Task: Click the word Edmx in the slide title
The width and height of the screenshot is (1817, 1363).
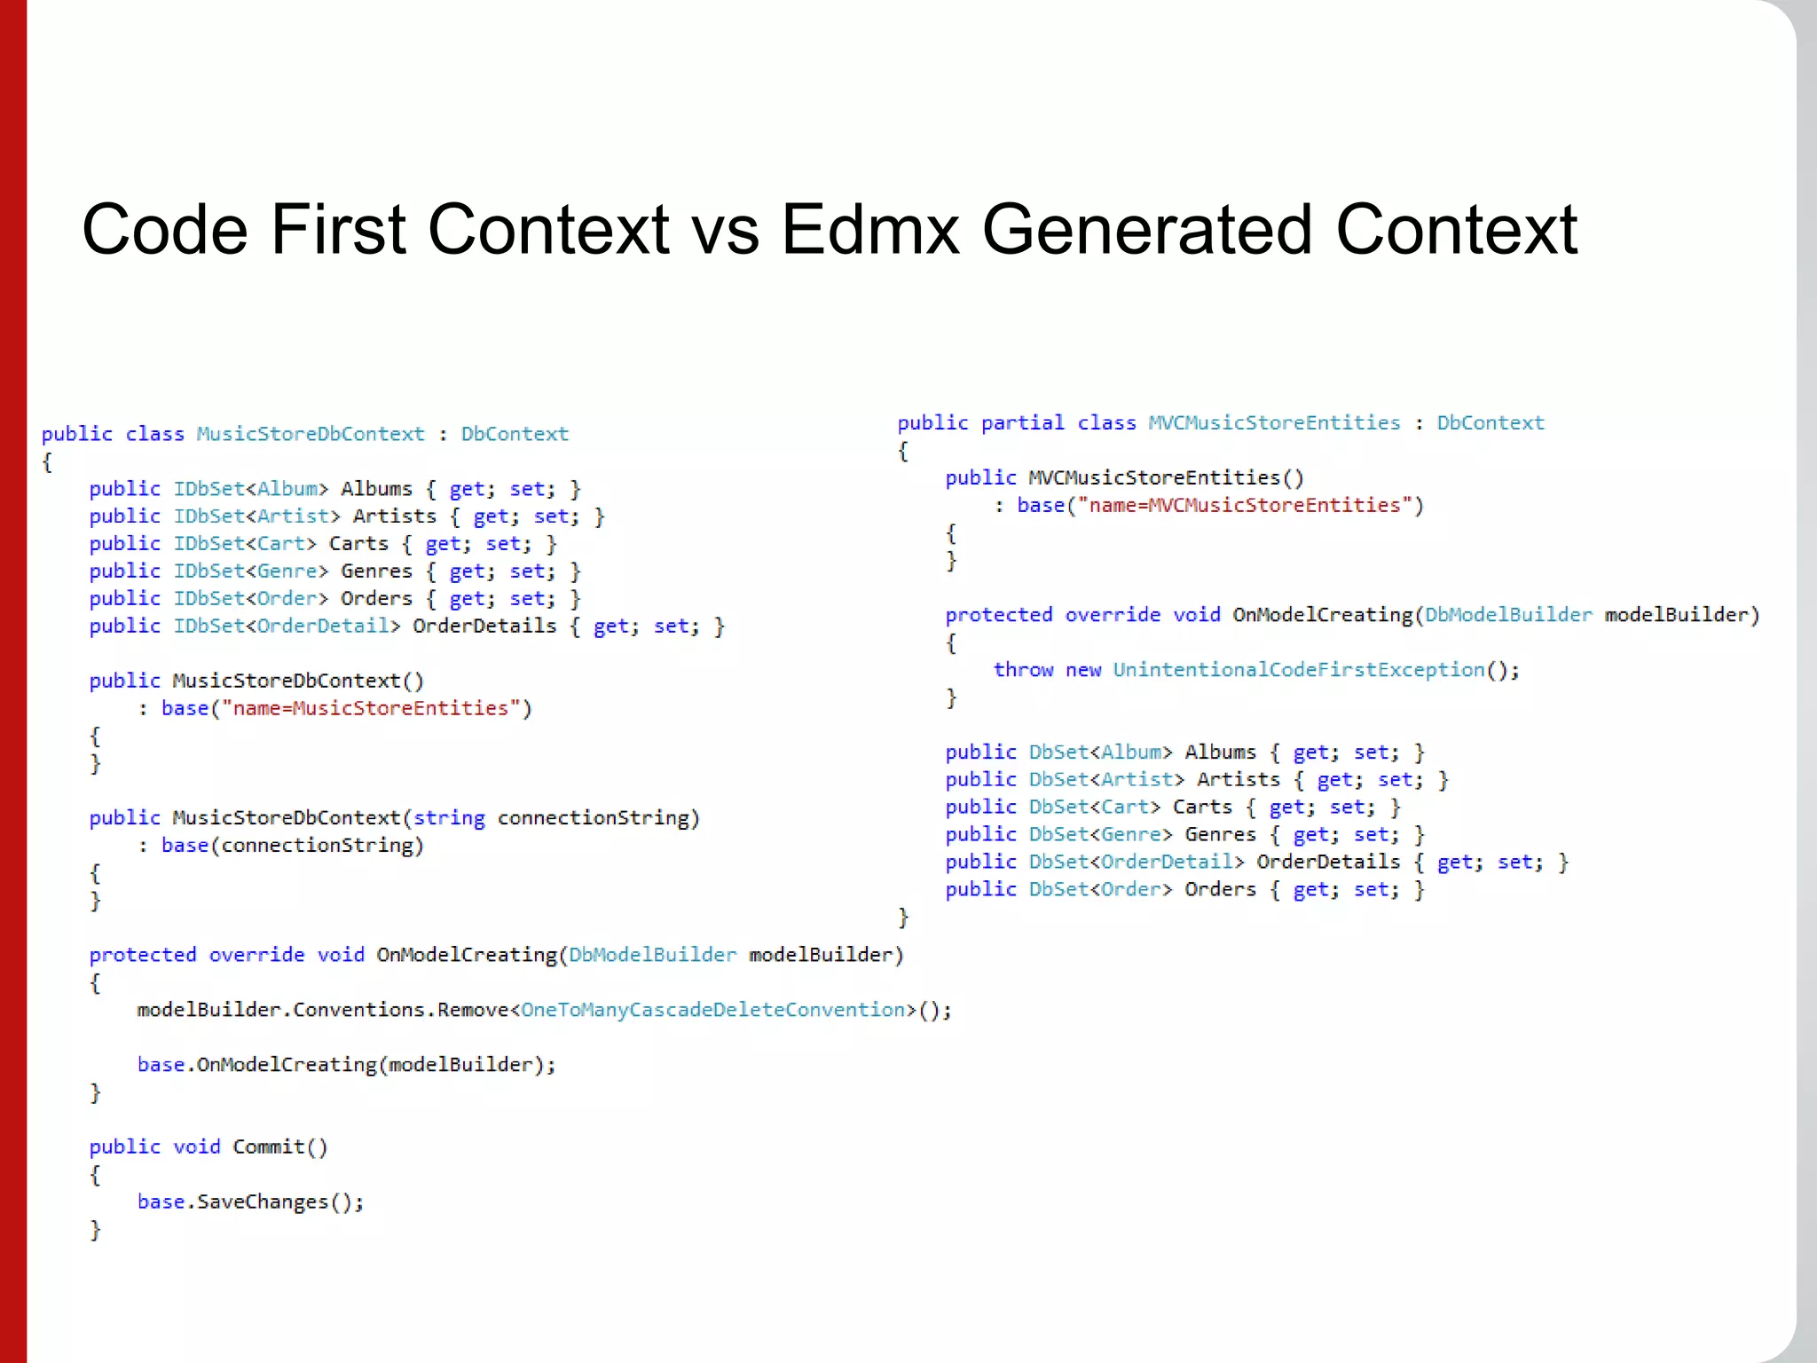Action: [869, 230]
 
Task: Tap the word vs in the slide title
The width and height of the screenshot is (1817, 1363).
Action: [724, 230]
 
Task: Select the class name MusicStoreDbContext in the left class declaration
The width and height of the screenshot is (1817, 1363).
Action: [311, 434]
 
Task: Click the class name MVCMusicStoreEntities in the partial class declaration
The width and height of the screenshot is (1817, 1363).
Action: [1274, 423]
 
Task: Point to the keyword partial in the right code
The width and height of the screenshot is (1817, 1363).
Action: [1022, 423]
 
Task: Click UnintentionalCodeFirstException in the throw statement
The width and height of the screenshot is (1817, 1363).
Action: [1298, 670]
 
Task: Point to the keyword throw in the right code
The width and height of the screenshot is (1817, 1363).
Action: [1022, 670]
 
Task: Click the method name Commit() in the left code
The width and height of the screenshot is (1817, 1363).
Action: [279, 1147]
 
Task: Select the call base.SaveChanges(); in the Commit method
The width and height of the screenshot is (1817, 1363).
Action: [250, 1202]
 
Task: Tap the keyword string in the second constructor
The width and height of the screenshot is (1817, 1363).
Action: [449, 818]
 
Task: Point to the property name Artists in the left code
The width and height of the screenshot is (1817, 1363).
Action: [395, 516]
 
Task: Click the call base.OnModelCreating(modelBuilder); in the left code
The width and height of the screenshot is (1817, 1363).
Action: [346, 1065]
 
